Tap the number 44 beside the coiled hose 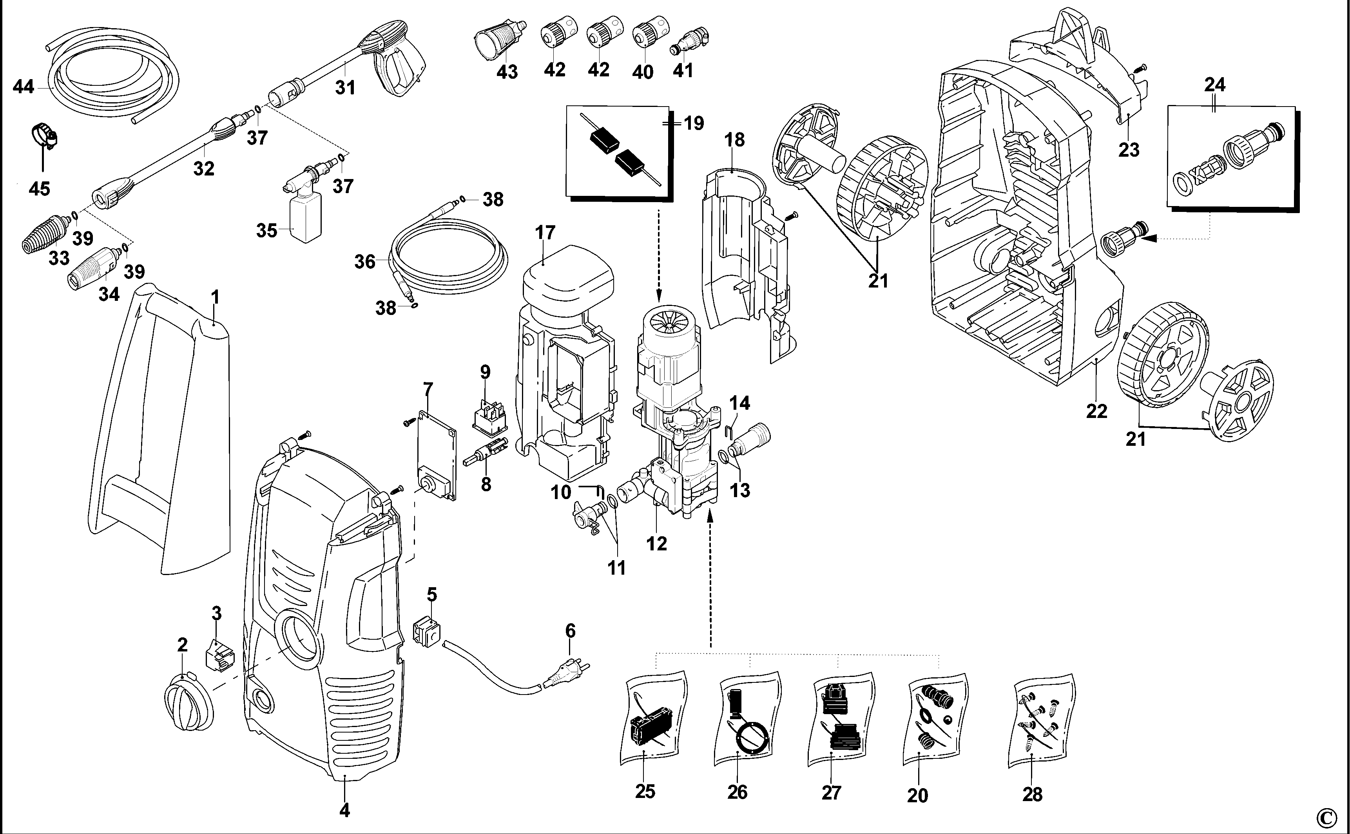click(x=23, y=87)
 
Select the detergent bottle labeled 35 click(x=304, y=218)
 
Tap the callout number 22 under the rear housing click(x=1096, y=411)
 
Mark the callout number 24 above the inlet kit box click(x=1215, y=85)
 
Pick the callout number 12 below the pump click(x=656, y=543)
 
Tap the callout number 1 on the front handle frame click(x=215, y=298)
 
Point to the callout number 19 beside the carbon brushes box click(x=694, y=123)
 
